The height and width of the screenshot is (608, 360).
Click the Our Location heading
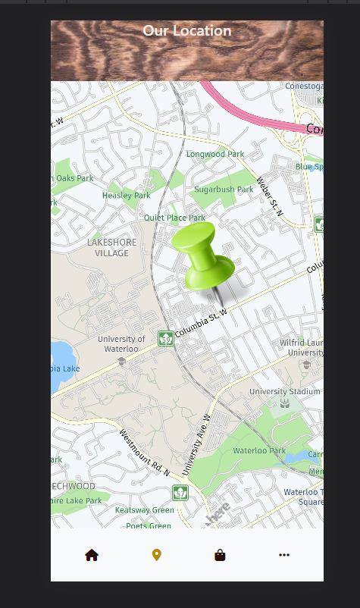tap(187, 31)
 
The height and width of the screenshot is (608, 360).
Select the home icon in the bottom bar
tap(92, 555)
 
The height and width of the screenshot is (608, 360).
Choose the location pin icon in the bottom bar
tap(157, 555)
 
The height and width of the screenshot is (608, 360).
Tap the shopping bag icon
tap(220, 555)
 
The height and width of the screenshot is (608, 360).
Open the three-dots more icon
tap(284, 555)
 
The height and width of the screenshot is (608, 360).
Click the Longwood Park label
tap(215, 154)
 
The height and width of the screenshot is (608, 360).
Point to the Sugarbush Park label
tap(224, 190)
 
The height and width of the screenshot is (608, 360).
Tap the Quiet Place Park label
tap(174, 218)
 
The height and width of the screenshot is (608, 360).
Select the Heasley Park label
tap(127, 196)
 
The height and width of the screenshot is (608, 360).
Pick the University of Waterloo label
tap(121, 344)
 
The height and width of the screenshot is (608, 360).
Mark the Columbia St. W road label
tap(201, 322)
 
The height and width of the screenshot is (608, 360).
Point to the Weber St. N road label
tap(269, 196)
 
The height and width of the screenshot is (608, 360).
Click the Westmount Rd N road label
tap(144, 453)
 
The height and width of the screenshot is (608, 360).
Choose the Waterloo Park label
tap(259, 450)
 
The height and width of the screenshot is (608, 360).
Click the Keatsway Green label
tap(144, 510)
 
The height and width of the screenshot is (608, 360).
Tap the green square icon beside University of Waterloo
tap(165, 338)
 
